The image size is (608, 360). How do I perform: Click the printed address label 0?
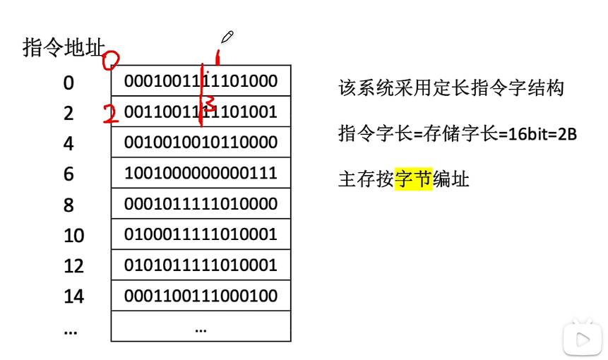point(68,83)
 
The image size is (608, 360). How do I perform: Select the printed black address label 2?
point(68,114)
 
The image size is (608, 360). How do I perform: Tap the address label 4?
point(68,144)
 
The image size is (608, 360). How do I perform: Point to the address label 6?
point(68,174)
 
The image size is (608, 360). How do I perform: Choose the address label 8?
point(68,205)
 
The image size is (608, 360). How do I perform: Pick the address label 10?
point(73,236)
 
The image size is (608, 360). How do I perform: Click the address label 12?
point(73,266)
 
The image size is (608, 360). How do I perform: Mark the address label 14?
point(73,296)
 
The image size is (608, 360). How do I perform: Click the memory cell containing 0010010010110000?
point(201,142)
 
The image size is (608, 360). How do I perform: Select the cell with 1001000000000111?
point(201,173)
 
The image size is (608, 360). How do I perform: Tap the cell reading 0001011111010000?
point(201,203)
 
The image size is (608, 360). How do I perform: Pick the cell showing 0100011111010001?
point(201,234)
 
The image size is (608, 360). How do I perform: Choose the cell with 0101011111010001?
point(201,265)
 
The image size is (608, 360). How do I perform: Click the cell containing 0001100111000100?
point(201,295)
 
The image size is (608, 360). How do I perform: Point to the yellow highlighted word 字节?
point(413,179)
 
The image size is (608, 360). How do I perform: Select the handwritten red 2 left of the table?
point(109,114)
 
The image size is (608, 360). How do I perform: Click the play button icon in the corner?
point(583,340)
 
